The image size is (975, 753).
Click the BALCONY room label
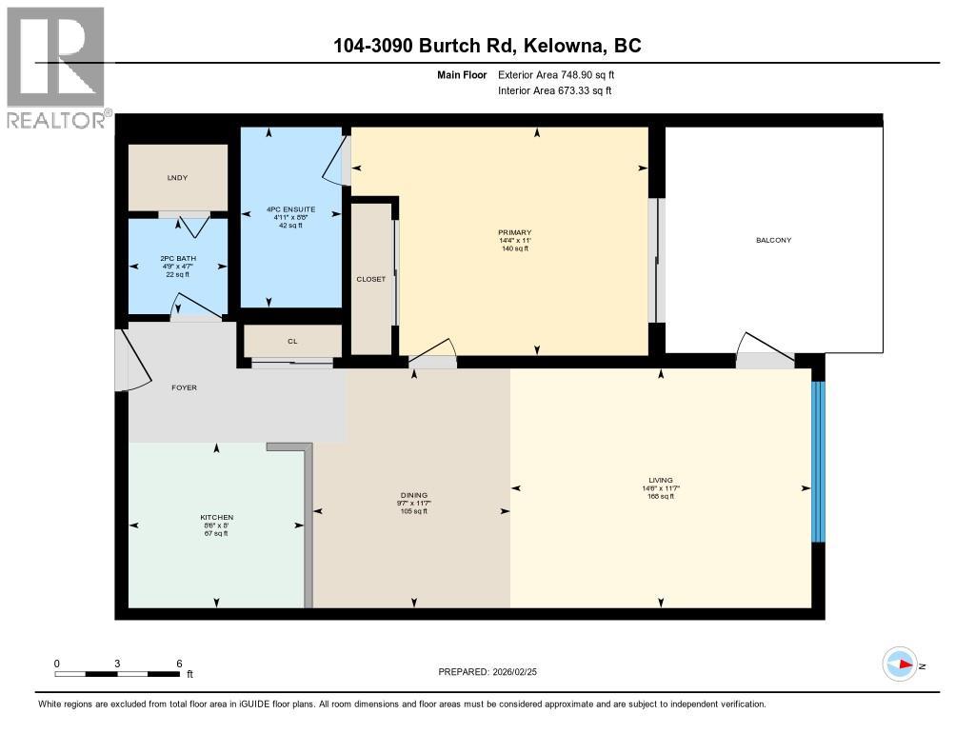point(773,240)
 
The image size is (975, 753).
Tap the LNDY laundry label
point(177,178)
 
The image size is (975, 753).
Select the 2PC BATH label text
point(177,258)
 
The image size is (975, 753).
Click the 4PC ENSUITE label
point(290,209)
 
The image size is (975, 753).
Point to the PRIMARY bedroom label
point(514,232)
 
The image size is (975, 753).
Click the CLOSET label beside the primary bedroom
point(371,279)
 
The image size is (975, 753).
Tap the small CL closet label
point(292,341)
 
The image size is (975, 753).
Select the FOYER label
point(184,387)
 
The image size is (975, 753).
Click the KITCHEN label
point(217,517)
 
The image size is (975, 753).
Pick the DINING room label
point(413,495)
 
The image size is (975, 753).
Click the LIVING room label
point(661,480)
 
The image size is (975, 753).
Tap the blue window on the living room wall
point(817,462)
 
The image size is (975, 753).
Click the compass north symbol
point(901,664)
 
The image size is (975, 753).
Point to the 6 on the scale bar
point(179,663)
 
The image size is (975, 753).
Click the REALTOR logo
point(56,67)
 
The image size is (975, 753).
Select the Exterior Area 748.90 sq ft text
point(562,74)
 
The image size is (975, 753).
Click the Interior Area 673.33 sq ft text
point(554,90)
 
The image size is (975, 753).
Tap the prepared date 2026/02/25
point(521,672)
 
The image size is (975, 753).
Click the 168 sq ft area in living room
point(661,496)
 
